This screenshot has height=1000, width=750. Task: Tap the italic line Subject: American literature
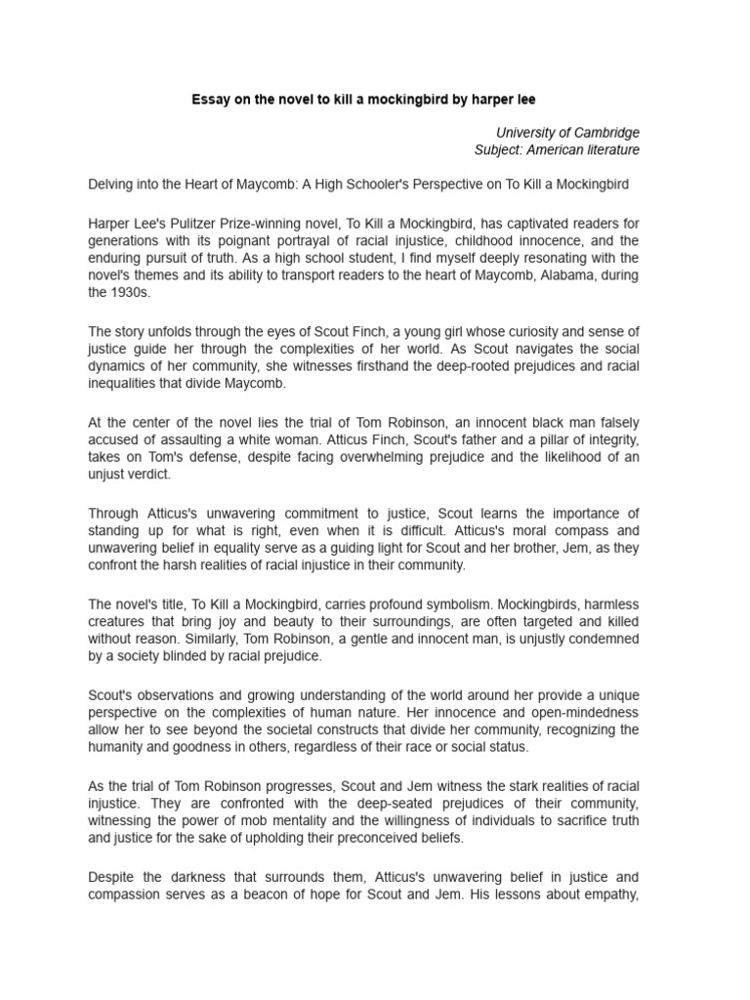(557, 149)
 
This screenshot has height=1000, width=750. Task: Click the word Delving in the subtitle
(112, 184)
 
